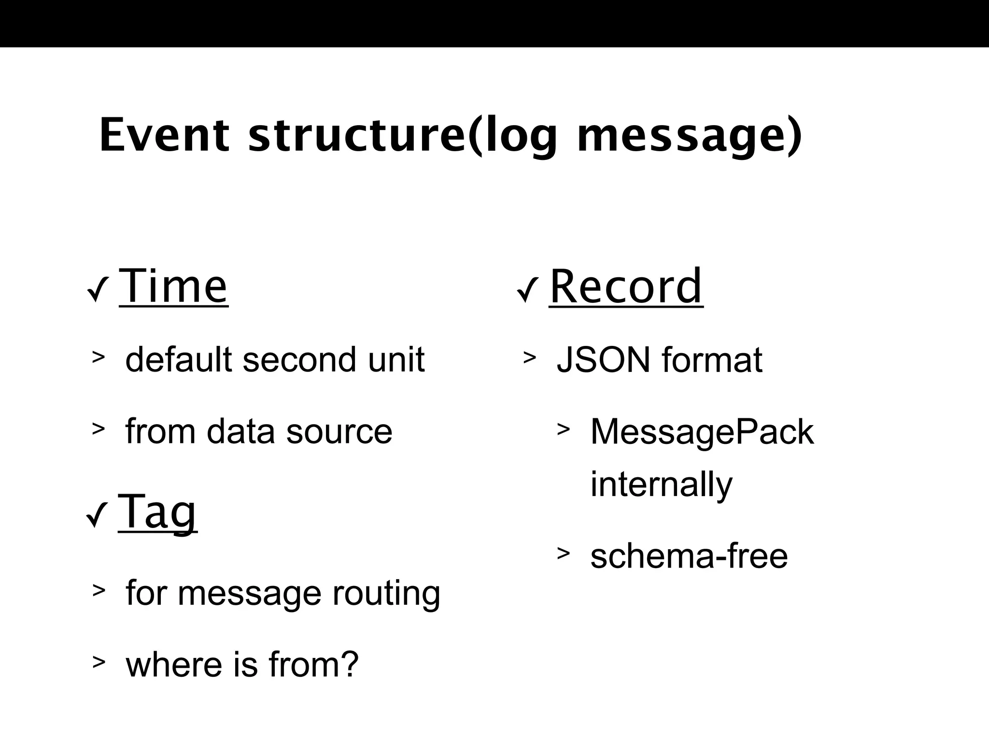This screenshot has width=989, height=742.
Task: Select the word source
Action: click(339, 431)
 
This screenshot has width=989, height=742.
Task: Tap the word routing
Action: click(386, 593)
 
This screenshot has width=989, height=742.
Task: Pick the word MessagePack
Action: click(702, 431)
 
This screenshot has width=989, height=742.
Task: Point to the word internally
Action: click(661, 484)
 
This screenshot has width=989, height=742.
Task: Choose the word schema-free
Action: click(689, 556)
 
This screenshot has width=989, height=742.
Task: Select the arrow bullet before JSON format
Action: click(529, 357)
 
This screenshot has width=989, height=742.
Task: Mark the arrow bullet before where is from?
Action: click(99, 662)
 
